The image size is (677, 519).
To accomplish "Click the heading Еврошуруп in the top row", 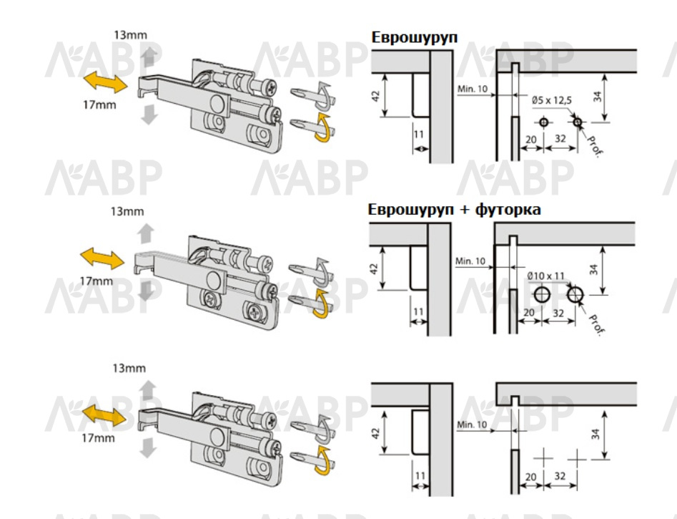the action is click(415, 37).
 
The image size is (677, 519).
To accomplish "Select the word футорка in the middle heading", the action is click(508, 210).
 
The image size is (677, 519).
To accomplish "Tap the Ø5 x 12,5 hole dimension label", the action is click(551, 100).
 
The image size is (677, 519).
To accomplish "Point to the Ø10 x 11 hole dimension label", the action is click(545, 276).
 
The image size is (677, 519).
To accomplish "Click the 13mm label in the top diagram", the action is click(130, 34).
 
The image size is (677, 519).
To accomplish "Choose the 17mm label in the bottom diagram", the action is click(99, 437).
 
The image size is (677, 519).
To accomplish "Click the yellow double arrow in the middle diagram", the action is click(102, 258).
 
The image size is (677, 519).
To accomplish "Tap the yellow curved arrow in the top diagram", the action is click(323, 128).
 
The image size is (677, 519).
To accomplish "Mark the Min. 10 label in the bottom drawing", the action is click(473, 425).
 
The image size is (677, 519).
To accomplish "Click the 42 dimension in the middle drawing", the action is click(375, 268).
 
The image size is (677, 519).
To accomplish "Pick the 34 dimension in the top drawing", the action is click(597, 97).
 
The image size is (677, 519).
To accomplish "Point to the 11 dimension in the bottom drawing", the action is click(420, 476).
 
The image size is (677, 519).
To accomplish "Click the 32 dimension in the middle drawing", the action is click(558, 313).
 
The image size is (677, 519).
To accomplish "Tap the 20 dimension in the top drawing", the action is click(531, 140).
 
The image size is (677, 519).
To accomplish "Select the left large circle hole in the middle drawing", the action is click(542, 294).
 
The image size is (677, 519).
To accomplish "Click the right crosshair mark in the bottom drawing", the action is click(577, 458).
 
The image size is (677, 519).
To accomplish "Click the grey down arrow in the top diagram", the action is click(149, 115).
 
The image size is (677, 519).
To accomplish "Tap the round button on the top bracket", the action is click(218, 103).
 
